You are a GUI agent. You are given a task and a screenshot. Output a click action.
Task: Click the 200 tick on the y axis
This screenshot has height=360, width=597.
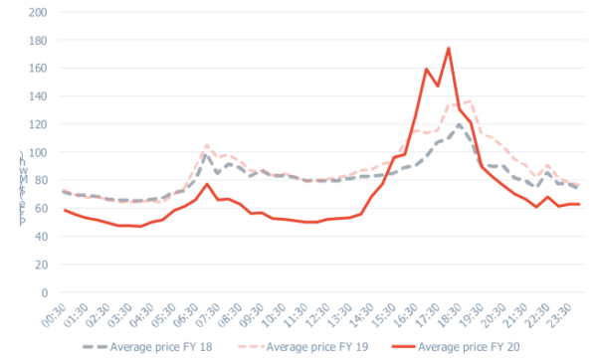point(37,13)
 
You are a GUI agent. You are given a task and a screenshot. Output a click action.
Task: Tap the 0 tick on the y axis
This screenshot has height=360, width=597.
point(45,292)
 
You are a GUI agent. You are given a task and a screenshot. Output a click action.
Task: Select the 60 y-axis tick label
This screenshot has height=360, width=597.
point(40,209)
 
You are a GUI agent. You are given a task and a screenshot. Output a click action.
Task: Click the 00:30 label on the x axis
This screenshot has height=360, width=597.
point(62,313)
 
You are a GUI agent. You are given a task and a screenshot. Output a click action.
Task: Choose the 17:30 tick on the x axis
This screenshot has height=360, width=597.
point(441,313)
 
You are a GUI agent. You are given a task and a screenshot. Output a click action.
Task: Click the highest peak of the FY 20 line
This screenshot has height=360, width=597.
point(449,48)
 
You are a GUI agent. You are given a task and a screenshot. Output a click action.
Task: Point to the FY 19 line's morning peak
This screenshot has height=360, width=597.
point(207,145)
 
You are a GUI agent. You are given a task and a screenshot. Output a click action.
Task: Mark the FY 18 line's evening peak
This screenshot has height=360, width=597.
point(459,125)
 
